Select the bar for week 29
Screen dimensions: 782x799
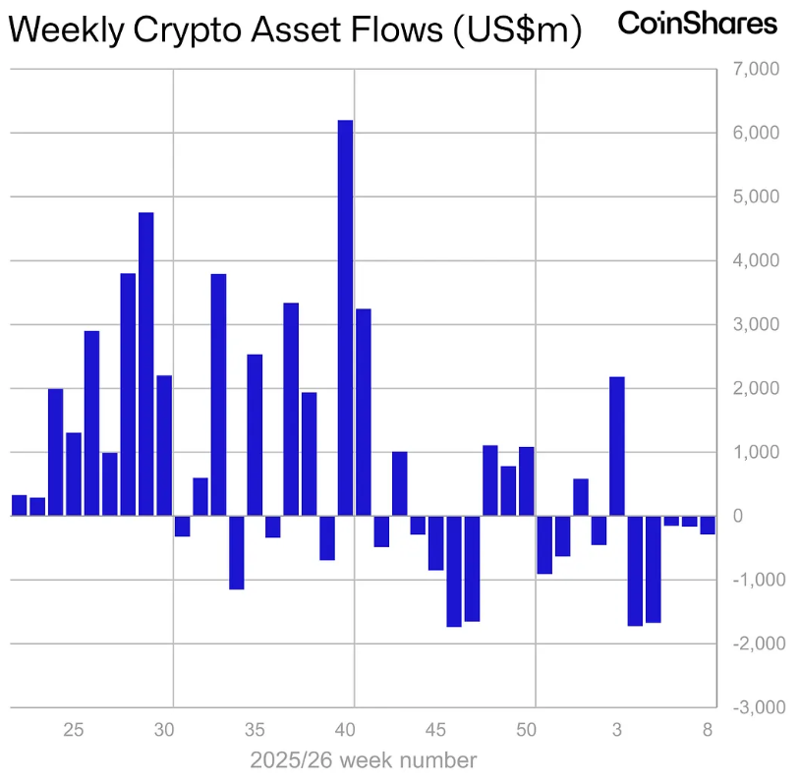pos(146,363)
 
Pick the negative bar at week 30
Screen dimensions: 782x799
pos(182,526)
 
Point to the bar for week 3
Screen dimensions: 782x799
pos(617,446)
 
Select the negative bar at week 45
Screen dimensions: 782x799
pos(435,542)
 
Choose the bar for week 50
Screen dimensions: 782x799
pos(526,481)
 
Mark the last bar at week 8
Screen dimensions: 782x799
pos(708,525)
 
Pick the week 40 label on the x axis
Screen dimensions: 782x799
pos(345,730)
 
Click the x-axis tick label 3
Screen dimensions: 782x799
pos(617,730)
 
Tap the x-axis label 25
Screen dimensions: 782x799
pos(74,730)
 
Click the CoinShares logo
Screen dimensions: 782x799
pos(697,24)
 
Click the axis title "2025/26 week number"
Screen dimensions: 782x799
pos(364,760)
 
